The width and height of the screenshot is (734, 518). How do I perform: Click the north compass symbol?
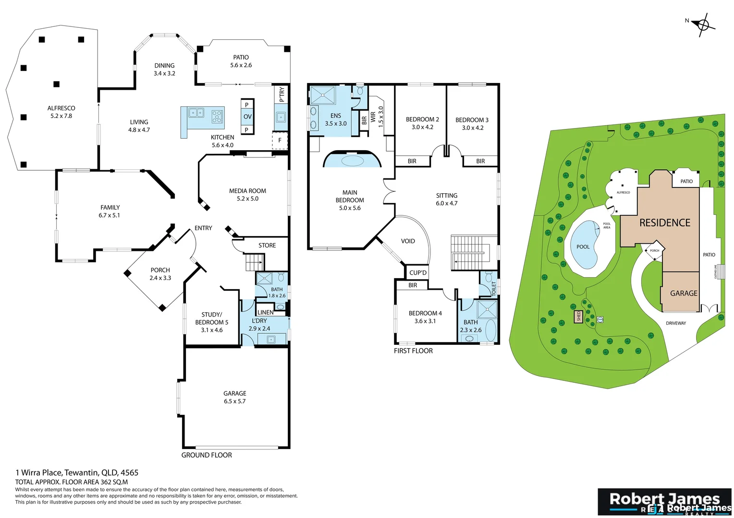click(x=703, y=24)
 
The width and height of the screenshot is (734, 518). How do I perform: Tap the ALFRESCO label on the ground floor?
click(x=61, y=108)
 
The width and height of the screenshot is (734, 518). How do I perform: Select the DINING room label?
click(x=164, y=66)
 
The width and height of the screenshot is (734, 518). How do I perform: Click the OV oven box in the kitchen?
click(x=247, y=117)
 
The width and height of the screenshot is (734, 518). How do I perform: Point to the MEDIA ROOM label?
click(x=247, y=191)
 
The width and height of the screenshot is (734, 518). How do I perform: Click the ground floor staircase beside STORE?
click(x=254, y=262)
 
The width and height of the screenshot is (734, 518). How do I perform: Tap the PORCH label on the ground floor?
click(x=160, y=270)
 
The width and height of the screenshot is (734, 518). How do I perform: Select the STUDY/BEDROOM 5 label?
click(x=211, y=318)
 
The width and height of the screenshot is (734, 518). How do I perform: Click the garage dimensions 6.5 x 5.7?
click(x=234, y=401)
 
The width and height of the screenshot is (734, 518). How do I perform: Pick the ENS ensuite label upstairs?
click(x=336, y=116)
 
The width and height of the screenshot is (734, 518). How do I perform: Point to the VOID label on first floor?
click(x=408, y=241)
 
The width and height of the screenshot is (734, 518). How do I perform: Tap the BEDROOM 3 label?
click(x=472, y=120)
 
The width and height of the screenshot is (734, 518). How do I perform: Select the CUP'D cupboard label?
click(x=417, y=273)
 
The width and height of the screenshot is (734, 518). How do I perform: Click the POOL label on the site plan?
click(x=583, y=247)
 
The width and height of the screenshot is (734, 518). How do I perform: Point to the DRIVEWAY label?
click(x=675, y=323)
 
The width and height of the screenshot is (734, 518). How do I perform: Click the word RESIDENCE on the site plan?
click(x=664, y=223)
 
